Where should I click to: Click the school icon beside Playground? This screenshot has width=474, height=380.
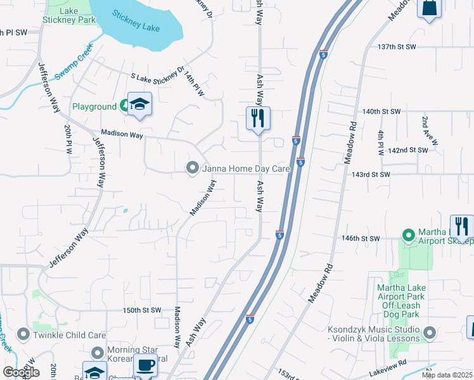[139, 104]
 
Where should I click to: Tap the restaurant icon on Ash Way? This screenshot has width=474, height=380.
[258, 118]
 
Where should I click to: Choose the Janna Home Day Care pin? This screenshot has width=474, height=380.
[193, 168]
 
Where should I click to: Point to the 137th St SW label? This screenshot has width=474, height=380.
[396, 47]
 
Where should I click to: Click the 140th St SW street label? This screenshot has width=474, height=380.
[381, 111]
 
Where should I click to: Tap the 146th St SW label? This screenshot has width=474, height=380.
[360, 238]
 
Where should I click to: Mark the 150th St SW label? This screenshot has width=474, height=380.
[143, 310]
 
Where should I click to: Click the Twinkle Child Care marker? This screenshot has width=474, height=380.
[24, 334]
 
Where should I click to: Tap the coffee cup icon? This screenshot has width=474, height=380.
[146, 365]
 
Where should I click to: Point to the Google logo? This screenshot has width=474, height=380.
[21, 372]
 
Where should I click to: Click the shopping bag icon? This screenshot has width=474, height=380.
[429, 9]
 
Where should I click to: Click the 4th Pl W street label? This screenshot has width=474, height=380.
[381, 143]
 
